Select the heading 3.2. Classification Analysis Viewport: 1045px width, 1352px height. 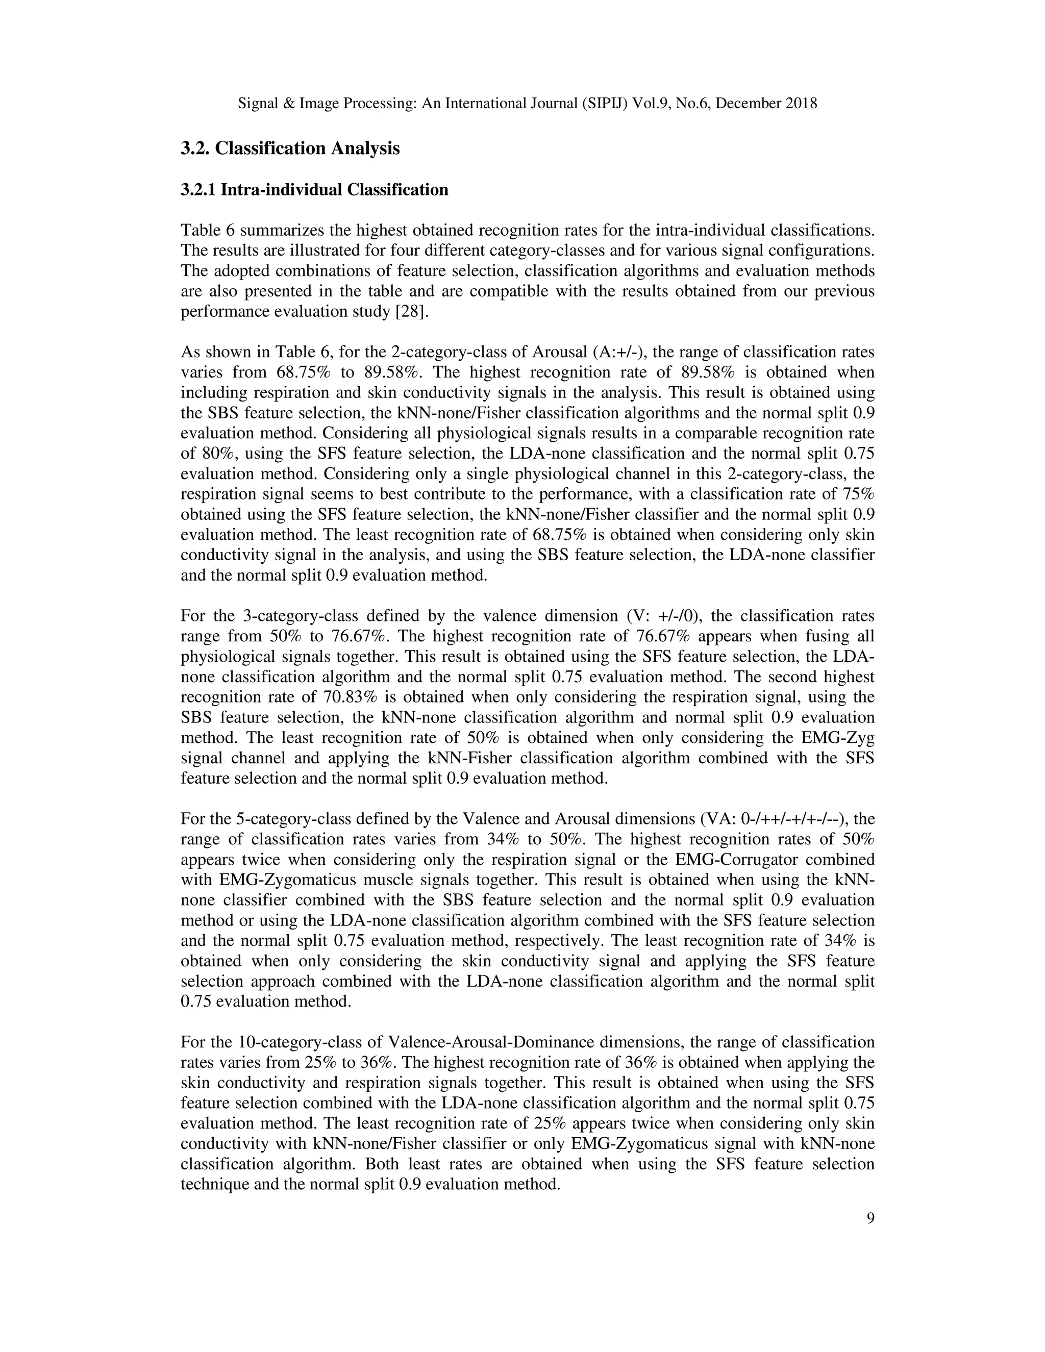[x=290, y=148]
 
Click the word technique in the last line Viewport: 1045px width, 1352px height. [x=215, y=1184]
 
